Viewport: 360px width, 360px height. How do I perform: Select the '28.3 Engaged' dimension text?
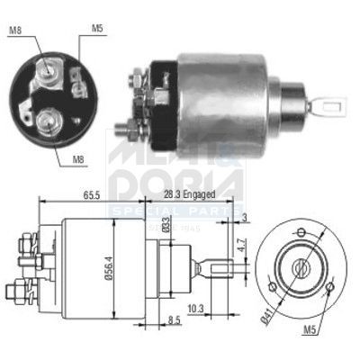pos(185,193)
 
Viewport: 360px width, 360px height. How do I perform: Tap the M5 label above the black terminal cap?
pos(97,27)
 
